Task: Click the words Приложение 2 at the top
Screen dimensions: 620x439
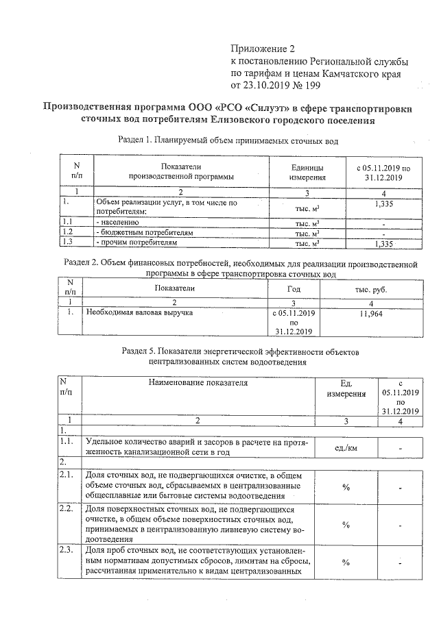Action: (263, 49)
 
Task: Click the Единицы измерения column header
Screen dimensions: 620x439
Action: (307, 172)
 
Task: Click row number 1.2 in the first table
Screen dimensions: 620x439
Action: (67, 233)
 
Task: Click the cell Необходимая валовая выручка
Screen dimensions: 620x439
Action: (138, 312)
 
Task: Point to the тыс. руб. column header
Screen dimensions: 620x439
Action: (370, 289)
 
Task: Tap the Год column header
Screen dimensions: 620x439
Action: (294, 289)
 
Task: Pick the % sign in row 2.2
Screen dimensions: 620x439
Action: (346, 524)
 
